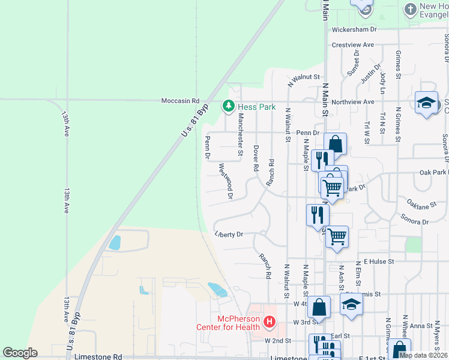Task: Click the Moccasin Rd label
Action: tap(179, 101)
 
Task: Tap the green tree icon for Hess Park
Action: tap(228, 107)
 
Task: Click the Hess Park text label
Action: tap(256, 107)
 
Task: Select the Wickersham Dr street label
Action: tap(354, 29)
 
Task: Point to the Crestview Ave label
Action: tap(352, 45)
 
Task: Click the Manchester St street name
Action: tap(240, 135)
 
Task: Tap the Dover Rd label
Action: tap(256, 158)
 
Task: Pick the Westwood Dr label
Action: tap(225, 181)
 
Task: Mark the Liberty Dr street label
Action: tap(229, 235)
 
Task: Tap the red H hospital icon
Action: tap(269, 322)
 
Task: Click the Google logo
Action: tap(20, 353)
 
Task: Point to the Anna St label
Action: tap(421, 326)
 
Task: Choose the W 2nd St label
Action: tap(278, 340)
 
